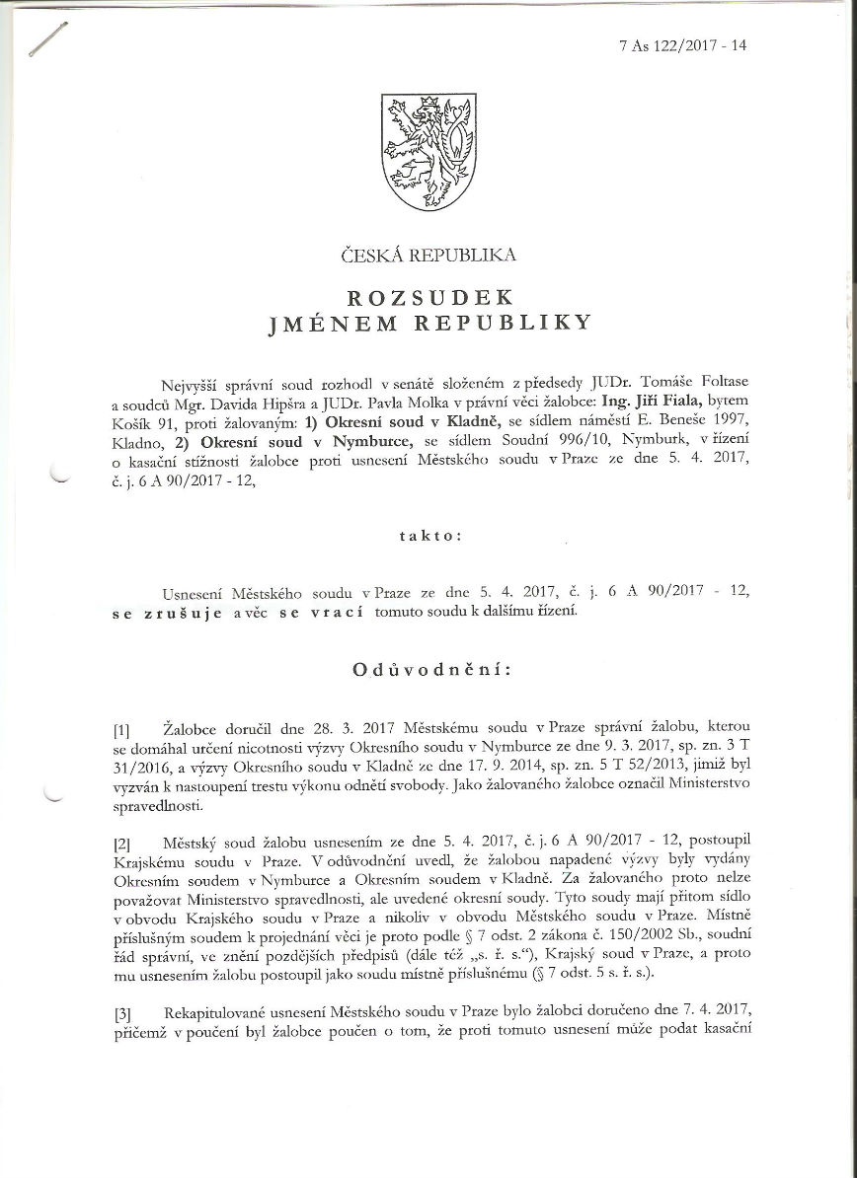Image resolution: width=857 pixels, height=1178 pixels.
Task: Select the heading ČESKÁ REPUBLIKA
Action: coord(428,255)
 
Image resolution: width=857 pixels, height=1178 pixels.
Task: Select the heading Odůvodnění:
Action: coord(431,670)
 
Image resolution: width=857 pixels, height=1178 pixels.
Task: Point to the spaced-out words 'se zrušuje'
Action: coord(171,611)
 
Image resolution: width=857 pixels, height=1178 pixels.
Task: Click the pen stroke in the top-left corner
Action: coord(48,38)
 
